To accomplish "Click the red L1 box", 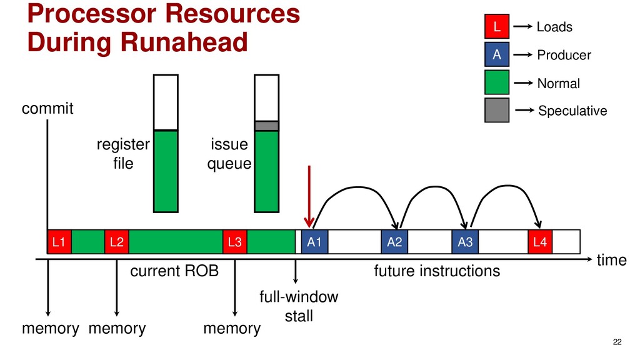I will click(59, 242).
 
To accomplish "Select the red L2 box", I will click(116, 242).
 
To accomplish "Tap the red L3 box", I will click(235, 242).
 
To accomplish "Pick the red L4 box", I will click(541, 242).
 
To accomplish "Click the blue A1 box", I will click(314, 242).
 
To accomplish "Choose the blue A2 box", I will click(394, 242).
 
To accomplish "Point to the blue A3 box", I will click(465, 242).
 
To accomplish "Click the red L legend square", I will click(497, 27).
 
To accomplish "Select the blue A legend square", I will click(497, 55).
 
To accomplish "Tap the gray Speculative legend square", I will click(497, 110).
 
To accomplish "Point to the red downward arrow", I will click(308, 197).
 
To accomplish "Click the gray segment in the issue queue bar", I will click(266, 126).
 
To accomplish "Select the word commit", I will click(47, 109).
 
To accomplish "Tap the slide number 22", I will click(617, 341).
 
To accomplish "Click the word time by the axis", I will click(611, 261).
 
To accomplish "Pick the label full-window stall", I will click(299, 306).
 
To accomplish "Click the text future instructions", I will click(437, 271).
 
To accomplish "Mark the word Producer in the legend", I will click(564, 56).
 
